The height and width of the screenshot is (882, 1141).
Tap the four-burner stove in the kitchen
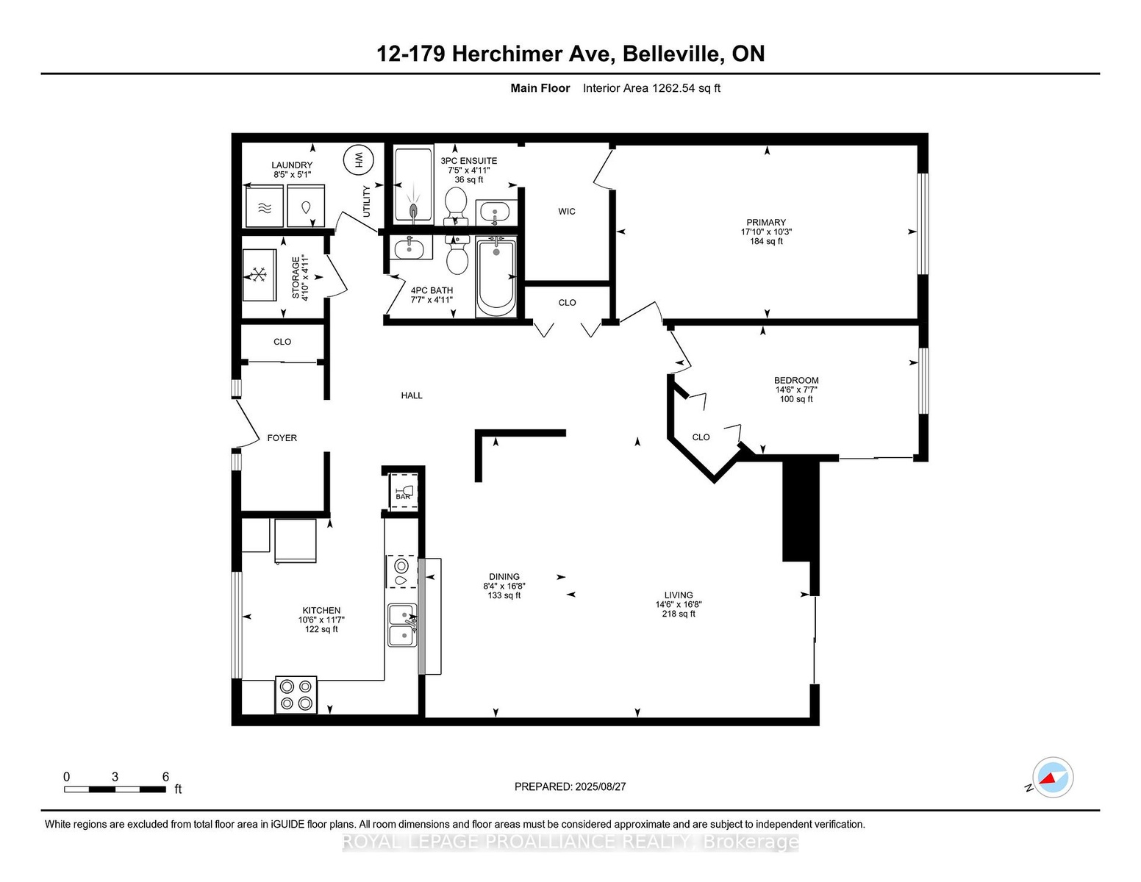[296, 695]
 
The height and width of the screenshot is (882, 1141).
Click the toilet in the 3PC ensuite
[455, 207]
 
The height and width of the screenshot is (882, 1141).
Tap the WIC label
[567, 212]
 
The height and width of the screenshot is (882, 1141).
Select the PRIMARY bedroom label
[766, 223]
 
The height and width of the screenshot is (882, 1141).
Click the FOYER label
[282, 437]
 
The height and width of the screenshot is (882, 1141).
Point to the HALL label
[412, 395]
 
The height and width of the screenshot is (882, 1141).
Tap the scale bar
[115, 789]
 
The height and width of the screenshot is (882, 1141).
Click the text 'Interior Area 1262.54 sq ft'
[651, 88]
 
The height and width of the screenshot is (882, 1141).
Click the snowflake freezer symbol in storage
[259, 275]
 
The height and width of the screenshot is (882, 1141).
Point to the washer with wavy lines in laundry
[265, 206]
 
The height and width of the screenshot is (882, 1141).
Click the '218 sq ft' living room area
[679, 614]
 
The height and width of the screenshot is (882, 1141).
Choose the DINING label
[504, 577]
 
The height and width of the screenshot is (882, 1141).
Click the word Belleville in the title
[672, 54]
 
